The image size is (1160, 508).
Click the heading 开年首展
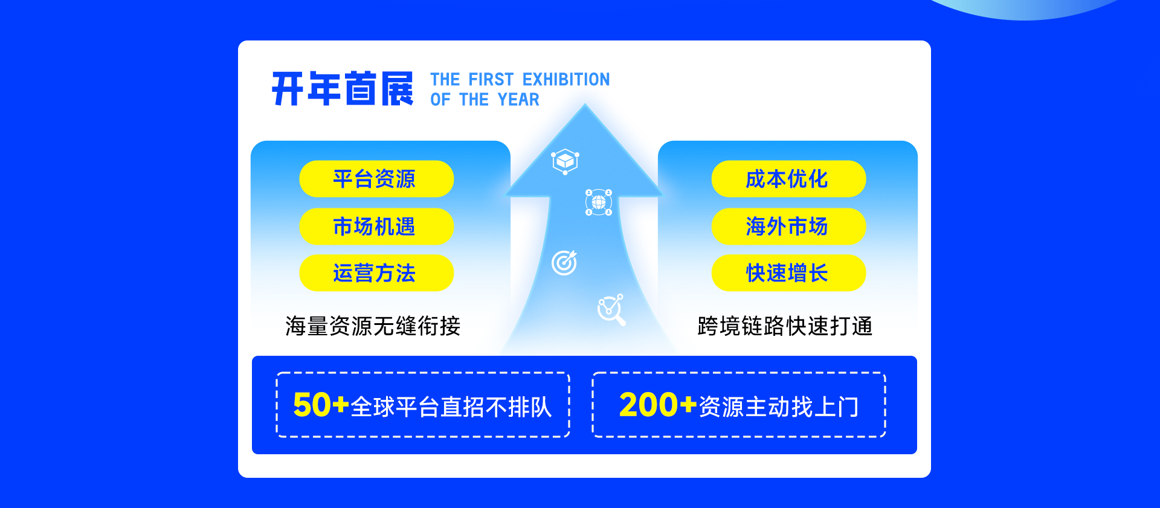pyautogui.click(x=343, y=89)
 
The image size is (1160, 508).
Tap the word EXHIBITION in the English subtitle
pyautogui.click(x=566, y=79)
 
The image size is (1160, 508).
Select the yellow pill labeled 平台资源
pyautogui.click(x=376, y=179)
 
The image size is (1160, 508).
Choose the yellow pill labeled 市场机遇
pyautogui.click(x=376, y=227)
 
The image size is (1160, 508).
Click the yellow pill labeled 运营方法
pyautogui.click(x=376, y=273)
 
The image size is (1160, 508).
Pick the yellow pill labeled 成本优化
pyautogui.click(x=788, y=179)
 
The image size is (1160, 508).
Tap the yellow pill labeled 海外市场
pyautogui.click(x=788, y=227)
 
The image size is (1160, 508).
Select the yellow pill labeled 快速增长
pyautogui.click(x=788, y=273)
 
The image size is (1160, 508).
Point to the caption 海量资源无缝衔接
pyautogui.click(x=373, y=326)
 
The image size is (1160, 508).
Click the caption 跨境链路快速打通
pyautogui.click(x=785, y=326)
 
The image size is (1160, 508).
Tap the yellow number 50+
pyautogui.click(x=321, y=405)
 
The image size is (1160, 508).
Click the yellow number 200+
pyautogui.click(x=658, y=405)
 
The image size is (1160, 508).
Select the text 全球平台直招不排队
pyautogui.click(x=451, y=407)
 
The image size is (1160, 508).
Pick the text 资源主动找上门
pyautogui.click(x=779, y=407)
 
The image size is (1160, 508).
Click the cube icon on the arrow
pyautogui.click(x=565, y=161)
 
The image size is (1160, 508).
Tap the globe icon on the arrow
pyautogui.click(x=599, y=202)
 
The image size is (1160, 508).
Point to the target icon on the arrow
pyautogui.click(x=564, y=263)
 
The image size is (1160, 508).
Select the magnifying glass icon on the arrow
pyautogui.click(x=611, y=310)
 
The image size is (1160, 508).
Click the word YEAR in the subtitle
pyautogui.click(x=518, y=100)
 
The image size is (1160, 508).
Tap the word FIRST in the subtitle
pyautogui.click(x=491, y=79)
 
